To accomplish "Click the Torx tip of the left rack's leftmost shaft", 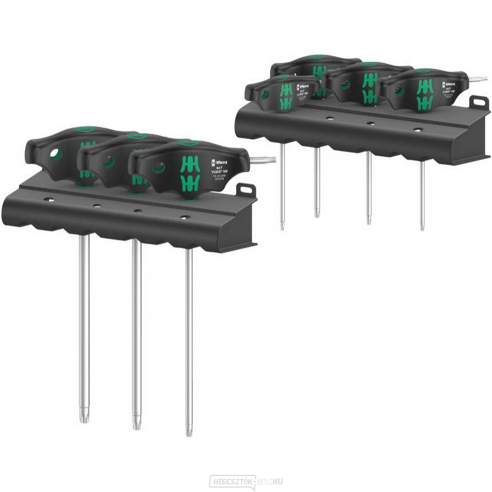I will (84, 416).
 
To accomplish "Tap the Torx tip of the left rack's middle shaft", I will (136, 423).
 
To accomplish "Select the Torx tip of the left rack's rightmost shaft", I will (189, 428).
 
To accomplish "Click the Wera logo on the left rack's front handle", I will (217, 162).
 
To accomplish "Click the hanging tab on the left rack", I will (247, 190).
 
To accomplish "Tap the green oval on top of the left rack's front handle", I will (188, 142).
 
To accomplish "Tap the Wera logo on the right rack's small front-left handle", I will (302, 87).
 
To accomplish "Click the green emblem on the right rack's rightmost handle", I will (423, 94).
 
